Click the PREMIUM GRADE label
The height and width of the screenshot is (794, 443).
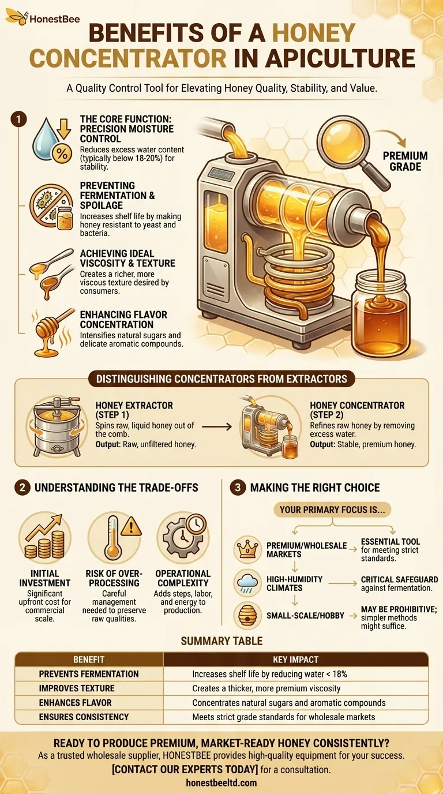406,162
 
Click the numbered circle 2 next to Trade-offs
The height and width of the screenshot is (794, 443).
21,488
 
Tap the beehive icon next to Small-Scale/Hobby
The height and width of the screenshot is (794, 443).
249,616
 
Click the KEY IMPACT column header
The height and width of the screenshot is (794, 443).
296,659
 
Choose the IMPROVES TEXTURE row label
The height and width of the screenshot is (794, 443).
77,688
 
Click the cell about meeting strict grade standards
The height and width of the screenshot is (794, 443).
283,717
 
